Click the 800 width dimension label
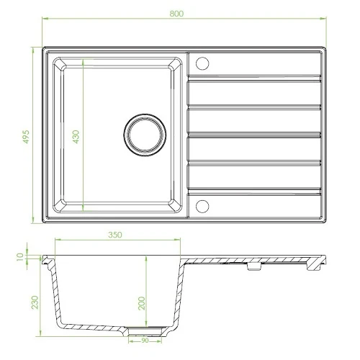click(176, 14)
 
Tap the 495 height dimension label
click(26, 137)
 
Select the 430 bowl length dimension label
click(76, 137)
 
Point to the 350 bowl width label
click(115, 235)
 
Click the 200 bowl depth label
click(142, 303)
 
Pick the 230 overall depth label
click(35, 302)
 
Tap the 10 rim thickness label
click(20, 257)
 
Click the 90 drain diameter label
click(145, 341)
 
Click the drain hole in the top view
click(145, 135)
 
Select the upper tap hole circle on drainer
click(202, 63)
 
